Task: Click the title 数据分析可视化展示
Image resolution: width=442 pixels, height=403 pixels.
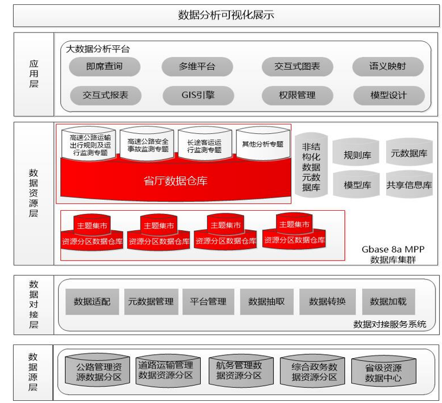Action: pyautogui.click(x=226, y=15)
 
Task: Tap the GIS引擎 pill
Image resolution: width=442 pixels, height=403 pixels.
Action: pyautogui.click(x=197, y=95)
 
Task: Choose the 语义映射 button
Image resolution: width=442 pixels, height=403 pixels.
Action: pyautogui.click(x=387, y=67)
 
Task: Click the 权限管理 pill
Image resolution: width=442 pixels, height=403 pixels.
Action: pyautogui.click(x=297, y=95)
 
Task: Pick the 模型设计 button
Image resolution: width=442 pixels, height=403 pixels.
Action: pyautogui.click(x=388, y=95)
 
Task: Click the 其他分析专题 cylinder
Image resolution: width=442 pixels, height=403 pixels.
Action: pyautogui.click(x=262, y=145)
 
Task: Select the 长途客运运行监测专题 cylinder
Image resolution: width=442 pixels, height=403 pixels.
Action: pyautogui.click(x=204, y=145)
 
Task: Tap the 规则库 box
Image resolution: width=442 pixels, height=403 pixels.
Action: pyautogui.click(x=357, y=155)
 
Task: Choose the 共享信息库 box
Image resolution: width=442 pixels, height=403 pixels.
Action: pyautogui.click(x=409, y=185)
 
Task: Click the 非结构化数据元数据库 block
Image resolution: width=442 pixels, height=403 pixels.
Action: pyautogui.click(x=311, y=167)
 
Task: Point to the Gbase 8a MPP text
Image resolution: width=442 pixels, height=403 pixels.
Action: pyautogui.click(x=393, y=250)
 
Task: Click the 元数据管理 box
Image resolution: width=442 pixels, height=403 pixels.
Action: pyautogui.click(x=150, y=302)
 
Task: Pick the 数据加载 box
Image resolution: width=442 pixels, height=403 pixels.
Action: pyautogui.click(x=388, y=302)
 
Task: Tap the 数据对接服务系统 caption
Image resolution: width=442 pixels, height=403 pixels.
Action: pyautogui.click(x=389, y=324)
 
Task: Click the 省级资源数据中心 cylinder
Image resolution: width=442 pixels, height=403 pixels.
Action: pyautogui.click(x=383, y=373)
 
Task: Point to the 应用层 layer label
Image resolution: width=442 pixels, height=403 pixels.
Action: pyautogui.click(x=34, y=74)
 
